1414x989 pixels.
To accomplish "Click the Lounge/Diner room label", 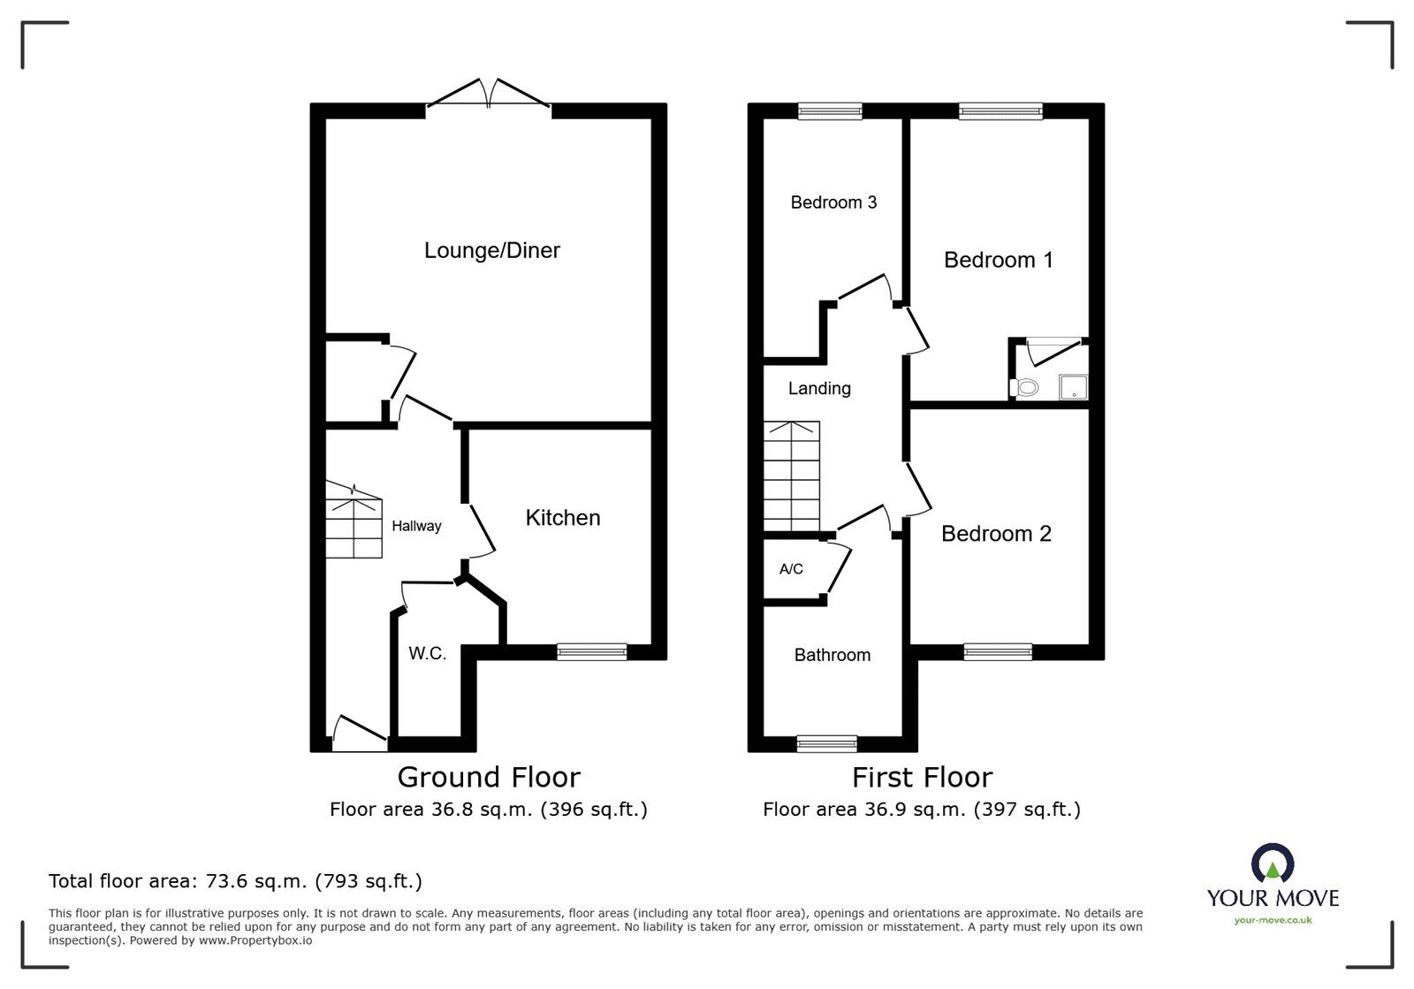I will point(491,250).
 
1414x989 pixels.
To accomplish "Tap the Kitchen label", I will point(562,518).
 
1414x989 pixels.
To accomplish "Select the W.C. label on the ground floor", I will point(427,654).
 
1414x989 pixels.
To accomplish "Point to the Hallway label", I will point(416,526).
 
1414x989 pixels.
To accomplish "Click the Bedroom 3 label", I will point(833,202).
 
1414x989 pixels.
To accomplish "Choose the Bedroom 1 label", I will point(998,260).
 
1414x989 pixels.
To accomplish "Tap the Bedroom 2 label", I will point(996,534).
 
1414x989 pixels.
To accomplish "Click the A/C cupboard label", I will point(791,569).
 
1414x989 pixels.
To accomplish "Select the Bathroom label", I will point(832,655).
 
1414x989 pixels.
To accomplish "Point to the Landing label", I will point(819,388).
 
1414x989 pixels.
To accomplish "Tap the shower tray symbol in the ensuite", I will point(1073,387).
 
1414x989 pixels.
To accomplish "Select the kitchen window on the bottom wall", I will point(591,652).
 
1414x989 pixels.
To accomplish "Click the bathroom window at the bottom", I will point(826,743).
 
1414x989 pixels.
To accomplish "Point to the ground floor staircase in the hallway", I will point(353,527).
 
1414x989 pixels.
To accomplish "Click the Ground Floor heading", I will point(488,777).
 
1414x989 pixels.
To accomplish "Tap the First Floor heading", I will point(922,777).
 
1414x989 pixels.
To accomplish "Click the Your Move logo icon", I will point(1273,863).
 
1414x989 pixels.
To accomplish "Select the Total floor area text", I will point(235,881).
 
